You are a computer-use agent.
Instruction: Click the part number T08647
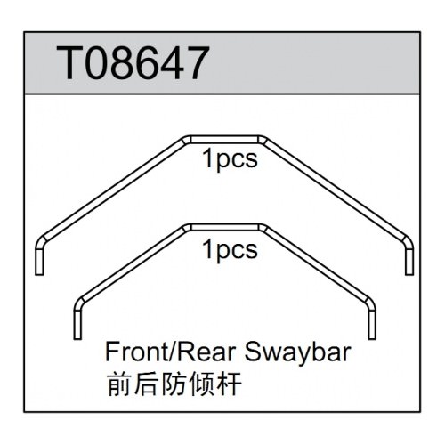pyautogui.click(x=133, y=63)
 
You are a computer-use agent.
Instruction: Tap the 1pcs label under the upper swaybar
pyautogui.click(x=230, y=160)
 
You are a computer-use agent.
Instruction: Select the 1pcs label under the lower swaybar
pyautogui.click(x=230, y=250)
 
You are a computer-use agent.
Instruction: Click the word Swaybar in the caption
pyautogui.click(x=298, y=352)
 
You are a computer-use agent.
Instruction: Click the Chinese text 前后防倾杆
pyautogui.click(x=174, y=384)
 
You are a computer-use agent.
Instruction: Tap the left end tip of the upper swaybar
pyautogui.click(x=39, y=275)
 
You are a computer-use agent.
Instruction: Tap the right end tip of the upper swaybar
pyautogui.click(x=409, y=275)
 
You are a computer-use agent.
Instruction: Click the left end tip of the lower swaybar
pyautogui.click(x=77, y=338)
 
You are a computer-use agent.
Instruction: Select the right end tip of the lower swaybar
pyautogui.click(x=372, y=338)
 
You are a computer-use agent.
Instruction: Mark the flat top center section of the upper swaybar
pyautogui.click(x=224, y=140)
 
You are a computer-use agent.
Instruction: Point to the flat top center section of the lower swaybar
pyautogui.click(x=224, y=228)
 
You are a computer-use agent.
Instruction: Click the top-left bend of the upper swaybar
pyautogui.click(x=186, y=141)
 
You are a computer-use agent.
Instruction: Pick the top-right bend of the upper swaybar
pyautogui.click(x=263, y=141)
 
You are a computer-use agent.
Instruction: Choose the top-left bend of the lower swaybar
pyautogui.click(x=187, y=229)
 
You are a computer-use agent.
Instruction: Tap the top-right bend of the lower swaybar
pyautogui.click(x=263, y=229)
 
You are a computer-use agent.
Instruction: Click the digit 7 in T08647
pyautogui.click(x=194, y=63)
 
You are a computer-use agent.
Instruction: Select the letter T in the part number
pyautogui.click(x=69, y=63)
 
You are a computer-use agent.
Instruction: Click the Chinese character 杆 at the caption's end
pyautogui.click(x=229, y=384)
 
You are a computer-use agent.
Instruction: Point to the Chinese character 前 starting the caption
pyautogui.click(x=118, y=384)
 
